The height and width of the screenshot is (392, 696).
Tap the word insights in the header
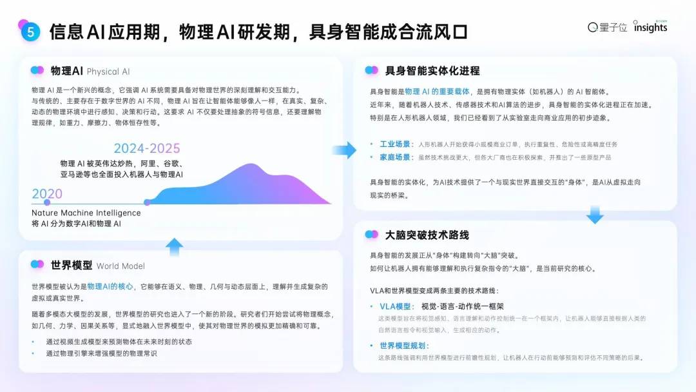(650, 28)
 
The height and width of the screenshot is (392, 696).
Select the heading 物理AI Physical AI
(90, 71)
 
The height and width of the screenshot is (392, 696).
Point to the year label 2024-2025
(147, 149)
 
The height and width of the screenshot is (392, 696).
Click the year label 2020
(47, 194)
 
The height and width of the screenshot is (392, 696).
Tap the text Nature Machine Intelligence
(86, 213)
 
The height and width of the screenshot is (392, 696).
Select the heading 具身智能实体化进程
(432, 70)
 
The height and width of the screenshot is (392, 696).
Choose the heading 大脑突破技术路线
(427, 235)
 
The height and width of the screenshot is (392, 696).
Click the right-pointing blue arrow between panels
(345, 150)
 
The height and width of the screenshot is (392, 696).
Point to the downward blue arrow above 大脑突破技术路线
(595, 215)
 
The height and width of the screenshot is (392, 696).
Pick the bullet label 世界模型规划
(404, 346)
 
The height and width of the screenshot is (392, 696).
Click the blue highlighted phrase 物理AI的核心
(111, 286)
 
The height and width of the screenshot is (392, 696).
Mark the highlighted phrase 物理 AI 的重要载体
(438, 92)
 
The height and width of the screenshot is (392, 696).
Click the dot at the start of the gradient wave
(147, 202)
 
